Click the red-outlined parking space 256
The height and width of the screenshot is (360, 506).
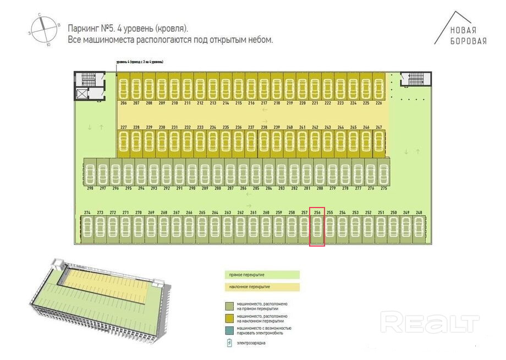pyautogui.click(x=317, y=230)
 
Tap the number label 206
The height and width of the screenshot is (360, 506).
pyautogui.click(x=123, y=103)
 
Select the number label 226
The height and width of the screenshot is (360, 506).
pyautogui.click(x=378, y=103)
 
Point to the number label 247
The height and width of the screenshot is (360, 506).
pyautogui.click(x=378, y=127)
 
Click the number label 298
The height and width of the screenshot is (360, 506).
pyautogui.click(x=90, y=188)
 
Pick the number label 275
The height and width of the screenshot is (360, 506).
pyautogui.click(x=384, y=188)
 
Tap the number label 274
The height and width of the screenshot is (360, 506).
pyautogui.click(x=87, y=212)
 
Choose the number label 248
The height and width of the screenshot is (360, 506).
pyautogui.click(x=419, y=212)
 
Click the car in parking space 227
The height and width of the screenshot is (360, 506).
pyautogui.click(x=124, y=141)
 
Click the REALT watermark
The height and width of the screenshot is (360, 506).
pyautogui.click(x=430, y=321)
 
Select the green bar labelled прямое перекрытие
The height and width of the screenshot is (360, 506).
pyautogui.click(x=263, y=274)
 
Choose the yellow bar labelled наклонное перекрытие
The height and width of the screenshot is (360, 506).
pyautogui.click(x=263, y=287)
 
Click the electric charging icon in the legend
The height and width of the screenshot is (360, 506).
pyautogui.click(x=229, y=343)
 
